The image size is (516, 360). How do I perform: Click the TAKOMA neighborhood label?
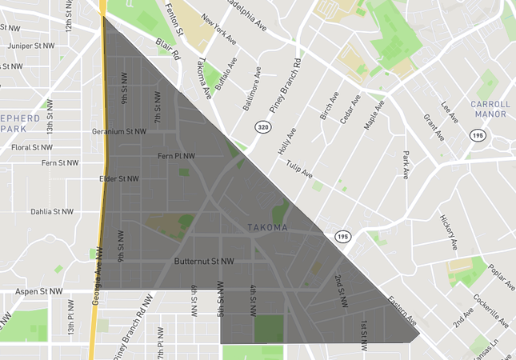[266, 228]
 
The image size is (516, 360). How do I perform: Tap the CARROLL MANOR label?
[490, 109]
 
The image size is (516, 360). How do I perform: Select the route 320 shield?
[262, 127]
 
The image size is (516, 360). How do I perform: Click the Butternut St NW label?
[204, 262]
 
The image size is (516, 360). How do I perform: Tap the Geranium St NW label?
[119, 131]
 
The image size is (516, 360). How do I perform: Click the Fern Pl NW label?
[177, 155]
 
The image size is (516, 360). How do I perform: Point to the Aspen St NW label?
[38, 292]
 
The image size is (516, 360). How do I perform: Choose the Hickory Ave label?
[450, 231]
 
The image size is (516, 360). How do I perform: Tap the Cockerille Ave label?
[491, 310]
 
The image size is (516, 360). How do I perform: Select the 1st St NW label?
[363, 334]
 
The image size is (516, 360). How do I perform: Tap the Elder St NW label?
[120, 179]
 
